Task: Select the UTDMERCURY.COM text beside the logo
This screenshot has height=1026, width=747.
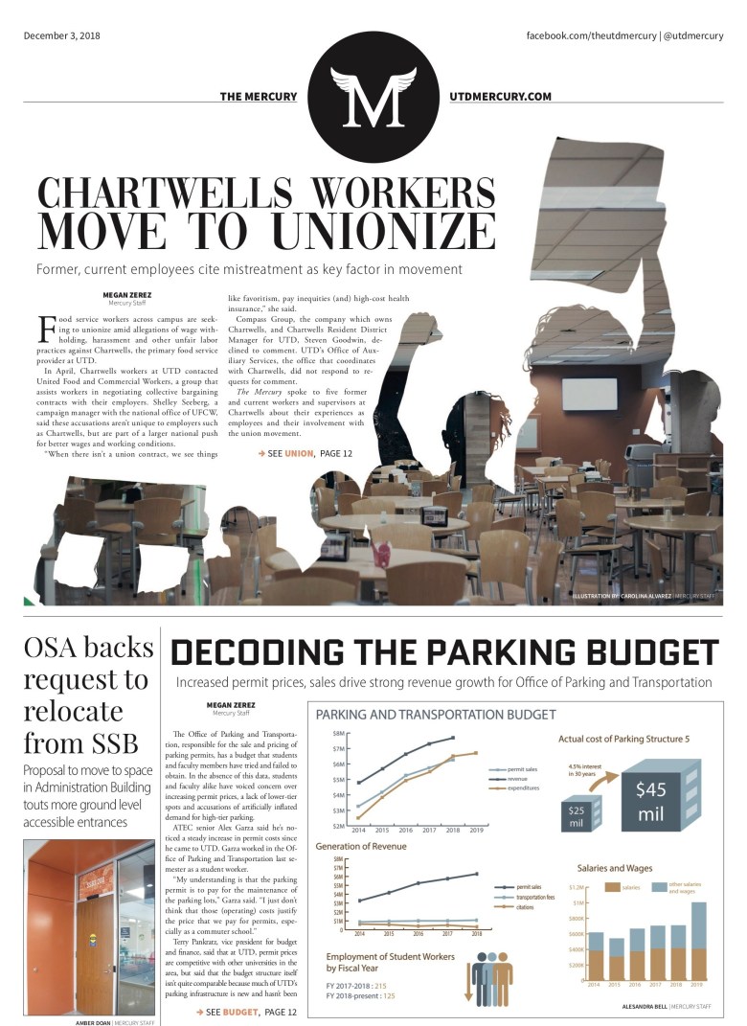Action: tap(501, 97)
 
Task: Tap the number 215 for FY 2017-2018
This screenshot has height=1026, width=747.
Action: tap(381, 985)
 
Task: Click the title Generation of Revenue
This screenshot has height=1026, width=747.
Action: tap(361, 847)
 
